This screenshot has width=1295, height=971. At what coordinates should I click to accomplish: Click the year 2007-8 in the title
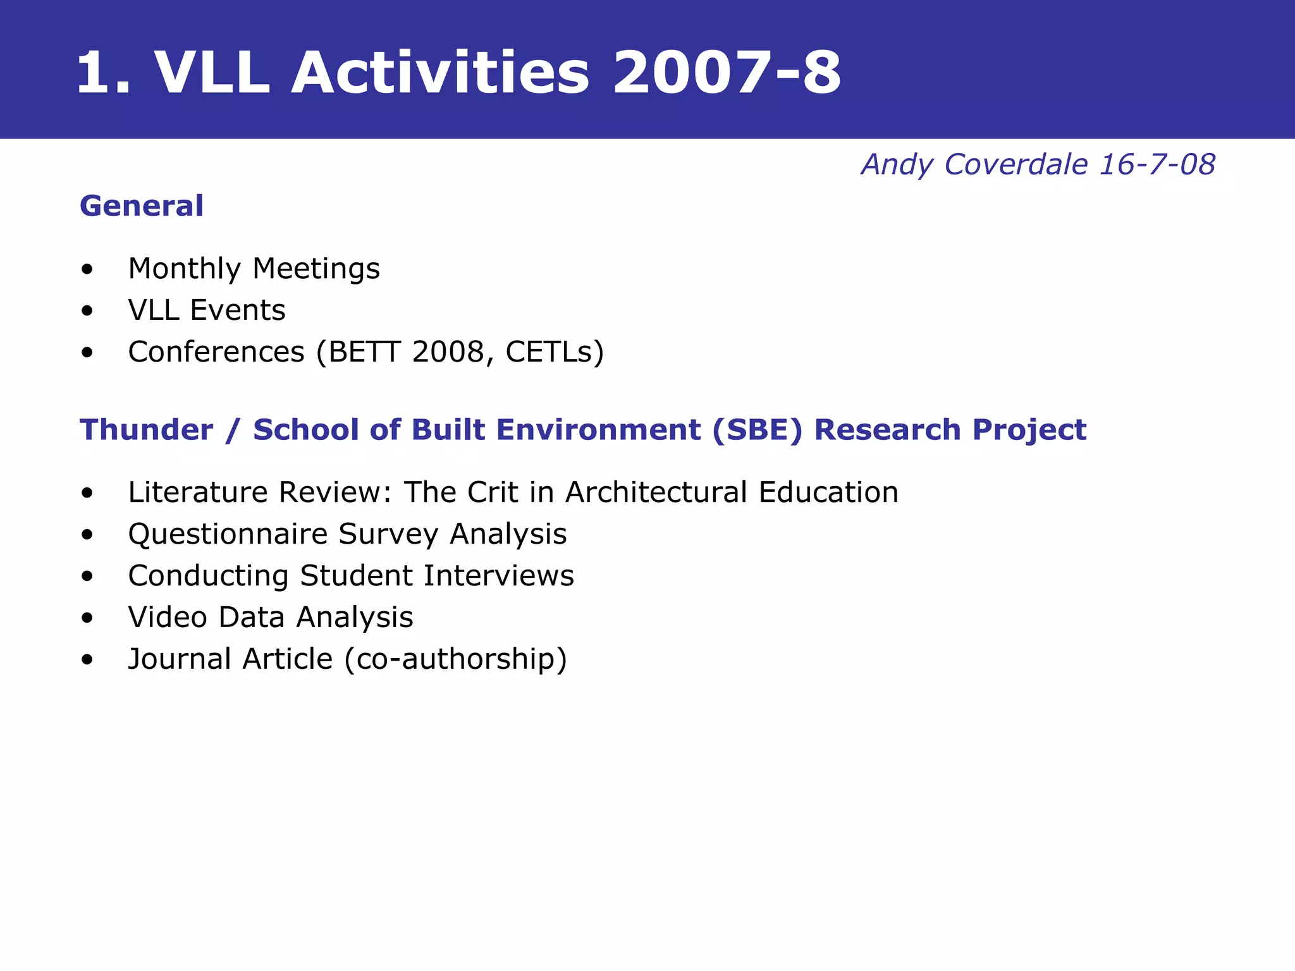click(x=726, y=73)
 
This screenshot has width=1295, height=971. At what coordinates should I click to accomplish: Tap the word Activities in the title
click(x=439, y=73)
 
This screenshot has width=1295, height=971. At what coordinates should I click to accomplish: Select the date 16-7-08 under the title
click(x=1157, y=164)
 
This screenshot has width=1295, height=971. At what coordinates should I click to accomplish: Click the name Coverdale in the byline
click(x=1016, y=164)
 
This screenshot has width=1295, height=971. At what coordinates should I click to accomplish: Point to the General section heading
click(x=142, y=206)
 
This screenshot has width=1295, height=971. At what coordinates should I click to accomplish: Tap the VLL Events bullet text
click(x=206, y=310)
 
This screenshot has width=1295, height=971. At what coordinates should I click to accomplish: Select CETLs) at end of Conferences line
click(x=555, y=352)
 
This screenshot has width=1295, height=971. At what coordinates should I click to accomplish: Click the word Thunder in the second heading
click(x=147, y=430)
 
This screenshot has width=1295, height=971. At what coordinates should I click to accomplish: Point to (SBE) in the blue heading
click(x=757, y=430)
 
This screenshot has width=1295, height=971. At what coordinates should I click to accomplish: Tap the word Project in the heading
click(x=1029, y=430)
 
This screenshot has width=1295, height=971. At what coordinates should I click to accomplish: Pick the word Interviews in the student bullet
click(x=498, y=576)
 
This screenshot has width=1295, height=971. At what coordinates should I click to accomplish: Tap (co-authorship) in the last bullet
click(x=455, y=659)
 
